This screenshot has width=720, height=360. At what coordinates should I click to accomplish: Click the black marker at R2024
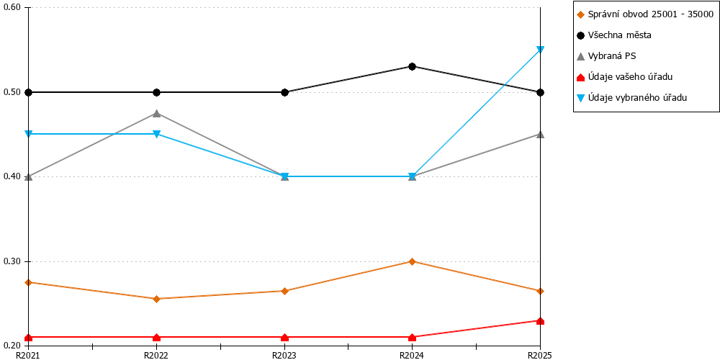tap(412, 66)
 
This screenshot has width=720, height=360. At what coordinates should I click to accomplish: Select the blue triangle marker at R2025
tap(541, 50)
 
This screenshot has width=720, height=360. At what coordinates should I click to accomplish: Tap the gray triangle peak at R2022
tap(156, 114)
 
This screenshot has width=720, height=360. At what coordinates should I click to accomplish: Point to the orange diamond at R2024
tap(412, 262)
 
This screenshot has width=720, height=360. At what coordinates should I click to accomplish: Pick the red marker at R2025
tap(541, 321)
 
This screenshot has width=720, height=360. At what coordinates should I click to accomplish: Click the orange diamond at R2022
tap(156, 299)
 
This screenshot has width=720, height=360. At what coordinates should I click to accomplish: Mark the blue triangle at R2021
tap(29, 134)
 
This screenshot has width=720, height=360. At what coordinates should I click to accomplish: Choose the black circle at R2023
tap(284, 92)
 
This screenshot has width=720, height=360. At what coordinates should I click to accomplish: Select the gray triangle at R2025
tap(541, 135)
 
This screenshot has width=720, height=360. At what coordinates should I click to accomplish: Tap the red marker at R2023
tap(284, 338)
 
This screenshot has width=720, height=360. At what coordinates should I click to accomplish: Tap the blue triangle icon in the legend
tap(581, 97)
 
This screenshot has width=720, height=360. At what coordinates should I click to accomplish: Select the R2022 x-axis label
tap(156, 355)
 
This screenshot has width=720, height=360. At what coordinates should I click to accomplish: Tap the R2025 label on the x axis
tap(541, 355)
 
